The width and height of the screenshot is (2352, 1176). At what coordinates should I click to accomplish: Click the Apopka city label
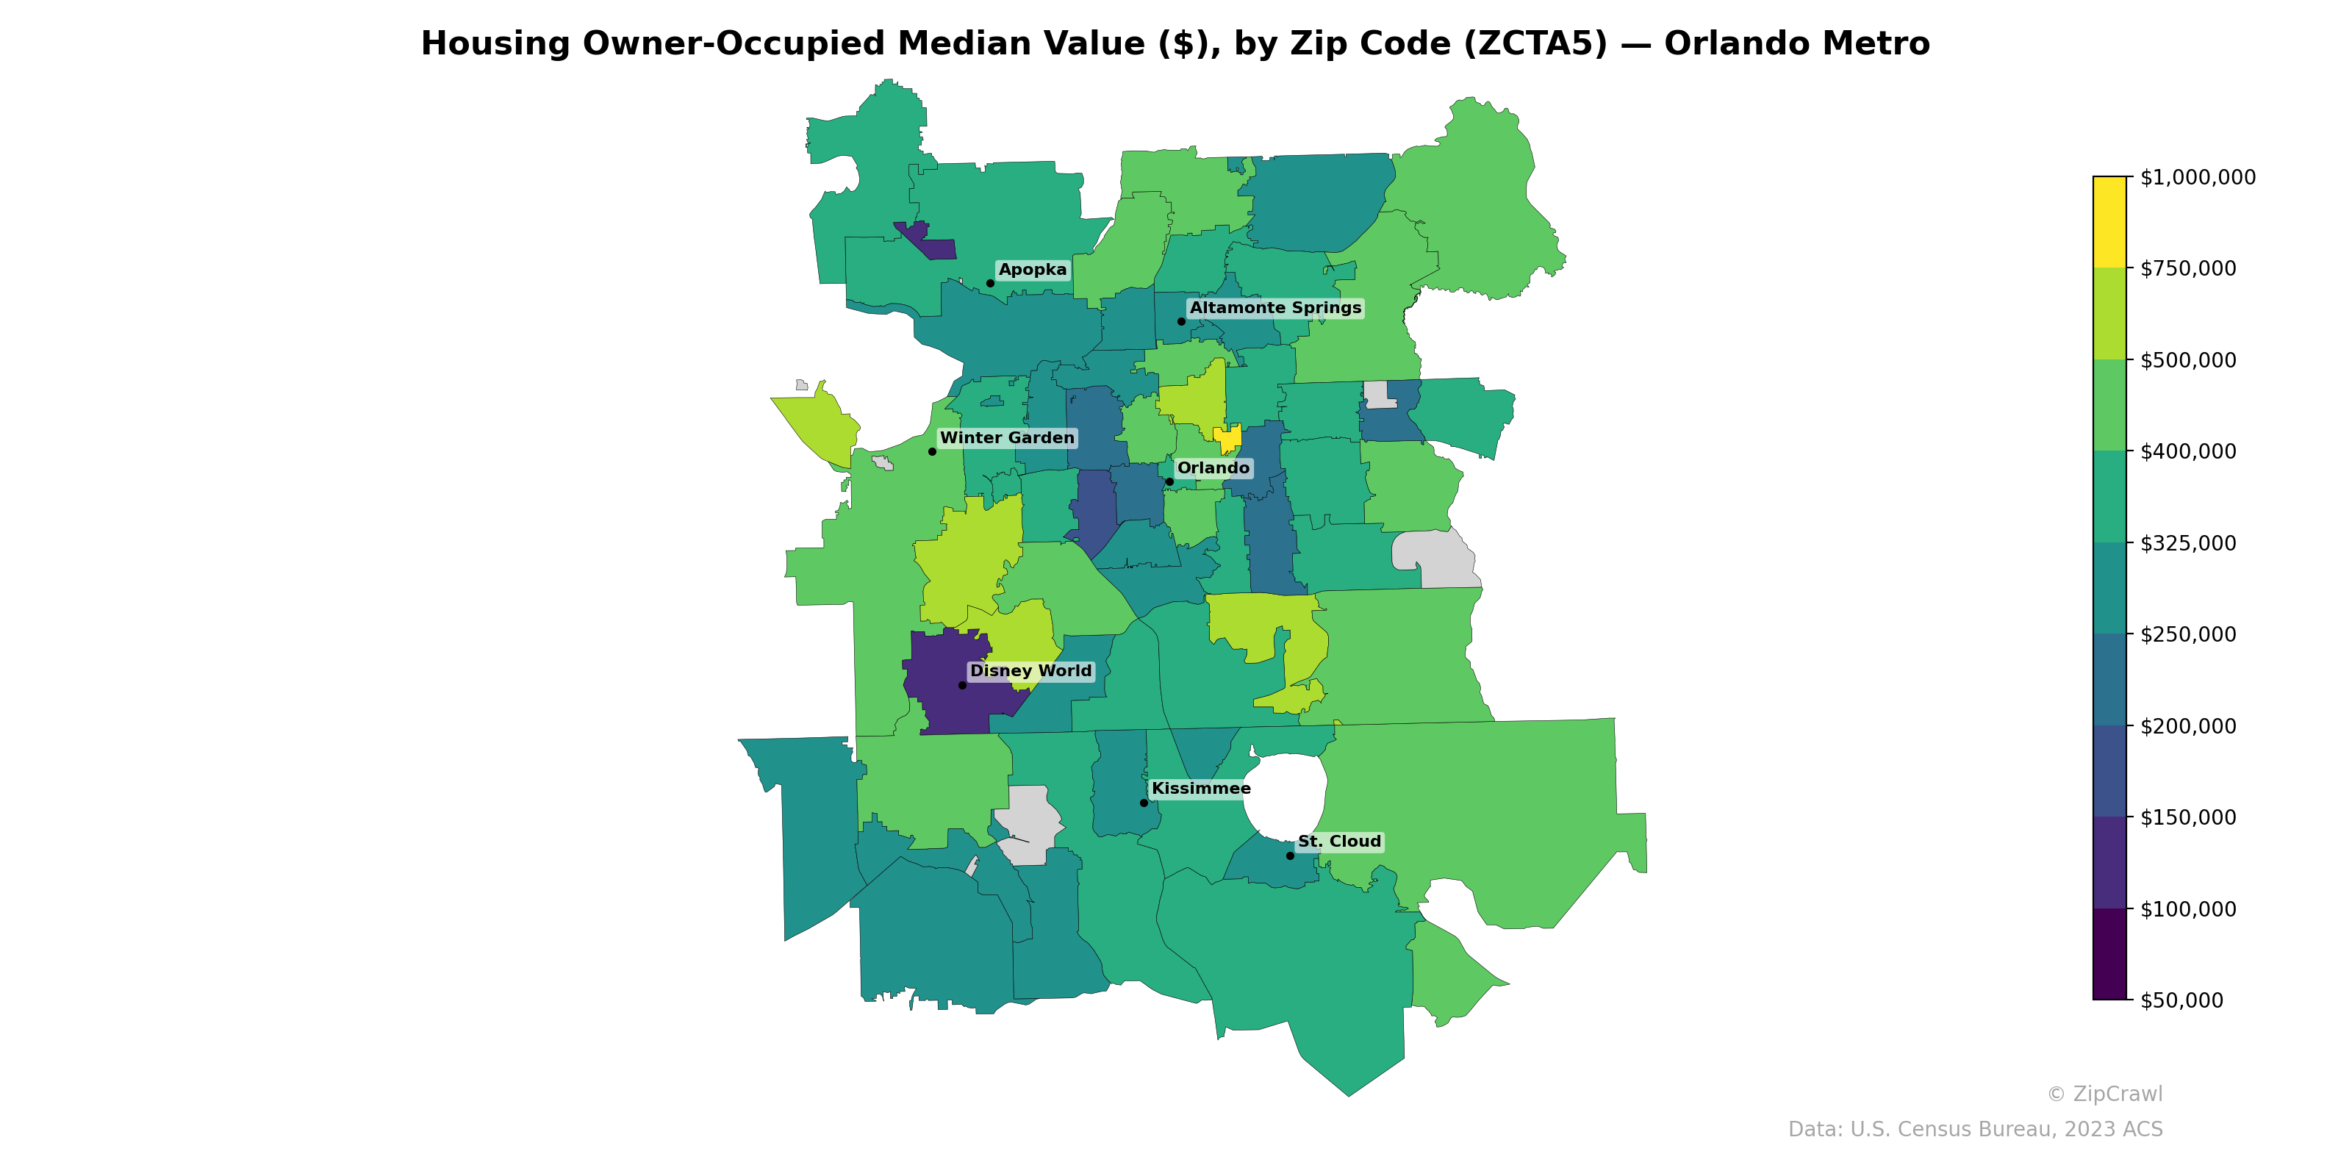(x=1032, y=270)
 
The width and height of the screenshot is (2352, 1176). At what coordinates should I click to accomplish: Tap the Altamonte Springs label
(x=1274, y=309)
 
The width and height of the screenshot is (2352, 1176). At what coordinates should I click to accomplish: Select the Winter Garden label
(x=1007, y=438)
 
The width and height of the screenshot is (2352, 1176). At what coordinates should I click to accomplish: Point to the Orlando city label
(x=1213, y=468)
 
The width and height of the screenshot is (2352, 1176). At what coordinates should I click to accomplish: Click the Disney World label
(x=1030, y=671)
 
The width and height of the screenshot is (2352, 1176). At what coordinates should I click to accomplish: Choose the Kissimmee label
(x=1201, y=789)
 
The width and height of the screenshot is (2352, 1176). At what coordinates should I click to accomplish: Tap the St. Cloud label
(x=1339, y=842)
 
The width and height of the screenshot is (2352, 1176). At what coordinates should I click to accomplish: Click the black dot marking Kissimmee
(x=1144, y=803)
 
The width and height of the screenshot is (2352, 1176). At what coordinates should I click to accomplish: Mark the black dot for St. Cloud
(x=1290, y=856)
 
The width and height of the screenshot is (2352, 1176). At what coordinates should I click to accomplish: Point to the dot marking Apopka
(x=991, y=283)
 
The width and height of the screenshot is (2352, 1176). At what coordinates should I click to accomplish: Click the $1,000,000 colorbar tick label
(x=2198, y=177)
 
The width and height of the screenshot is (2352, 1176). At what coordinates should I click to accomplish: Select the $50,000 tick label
(x=2181, y=1000)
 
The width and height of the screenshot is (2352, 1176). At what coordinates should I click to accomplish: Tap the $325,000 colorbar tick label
(x=2187, y=543)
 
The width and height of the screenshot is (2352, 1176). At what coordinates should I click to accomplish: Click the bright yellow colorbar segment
(x=2109, y=222)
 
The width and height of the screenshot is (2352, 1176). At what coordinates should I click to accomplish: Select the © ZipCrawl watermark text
(x=2104, y=1094)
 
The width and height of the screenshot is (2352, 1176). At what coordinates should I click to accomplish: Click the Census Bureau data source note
(x=1975, y=1130)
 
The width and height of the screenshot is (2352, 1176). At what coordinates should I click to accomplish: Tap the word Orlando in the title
(x=1730, y=44)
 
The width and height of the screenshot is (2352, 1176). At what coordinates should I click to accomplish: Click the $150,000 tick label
(x=2187, y=818)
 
